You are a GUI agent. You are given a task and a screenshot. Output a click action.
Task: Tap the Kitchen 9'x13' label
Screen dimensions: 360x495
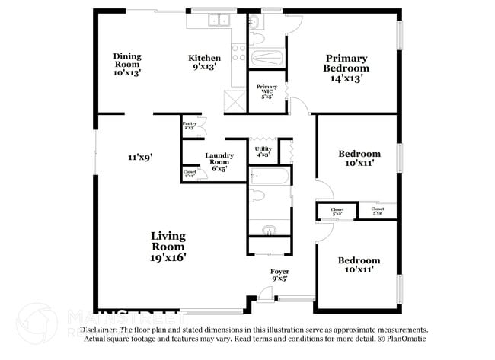pos(205,62)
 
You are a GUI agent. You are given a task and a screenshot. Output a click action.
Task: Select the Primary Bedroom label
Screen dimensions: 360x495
pos(346,68)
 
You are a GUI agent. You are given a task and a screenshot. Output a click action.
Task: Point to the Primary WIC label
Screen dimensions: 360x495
pos(267,91)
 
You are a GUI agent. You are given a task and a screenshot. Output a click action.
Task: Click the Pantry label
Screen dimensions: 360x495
pos(189,125)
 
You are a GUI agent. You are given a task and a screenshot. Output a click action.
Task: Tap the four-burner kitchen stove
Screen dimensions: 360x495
pos(238,53)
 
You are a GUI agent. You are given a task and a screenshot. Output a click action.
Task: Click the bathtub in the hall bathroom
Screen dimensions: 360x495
pos(268,178)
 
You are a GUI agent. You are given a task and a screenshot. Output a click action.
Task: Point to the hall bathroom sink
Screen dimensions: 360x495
pos(268,230)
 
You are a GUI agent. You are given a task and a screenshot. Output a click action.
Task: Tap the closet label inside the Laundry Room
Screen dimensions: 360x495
pos(190,174)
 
